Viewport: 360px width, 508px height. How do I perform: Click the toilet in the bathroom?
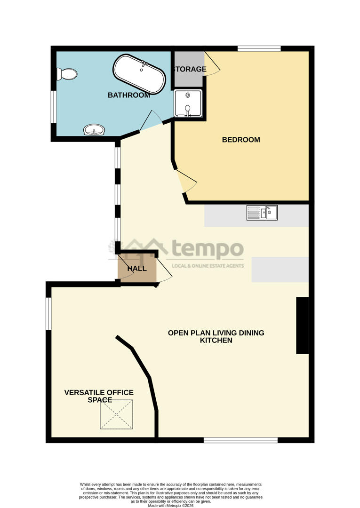(x=67, y=74)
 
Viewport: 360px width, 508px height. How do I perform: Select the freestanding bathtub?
(x=139, y=74)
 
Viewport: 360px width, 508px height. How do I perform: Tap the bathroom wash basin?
(x=94, y=129)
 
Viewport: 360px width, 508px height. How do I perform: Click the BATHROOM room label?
(x=129, y=95)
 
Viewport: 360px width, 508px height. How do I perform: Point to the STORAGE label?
(x=190, y=70)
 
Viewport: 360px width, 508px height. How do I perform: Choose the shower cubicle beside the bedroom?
(x=188, y=103)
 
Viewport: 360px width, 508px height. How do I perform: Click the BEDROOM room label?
(x=241, y=140)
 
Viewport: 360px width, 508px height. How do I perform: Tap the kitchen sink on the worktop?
(x=262, y=213)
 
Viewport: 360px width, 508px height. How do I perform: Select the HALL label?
(x=137, y=269)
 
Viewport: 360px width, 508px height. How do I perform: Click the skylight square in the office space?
(x=116, y=414)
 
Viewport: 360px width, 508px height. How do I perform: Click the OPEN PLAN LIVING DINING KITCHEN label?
(x=216, y=336)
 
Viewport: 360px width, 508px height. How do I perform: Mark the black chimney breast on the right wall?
(x=302, y=325)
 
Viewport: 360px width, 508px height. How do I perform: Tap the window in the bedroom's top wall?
(x=259, y=48)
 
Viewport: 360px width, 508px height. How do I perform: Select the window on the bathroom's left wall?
(x=54, y=107)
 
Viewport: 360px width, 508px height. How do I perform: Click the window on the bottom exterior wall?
(x=240, y=440)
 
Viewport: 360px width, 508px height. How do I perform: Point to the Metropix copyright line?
(x=170, y=505)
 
